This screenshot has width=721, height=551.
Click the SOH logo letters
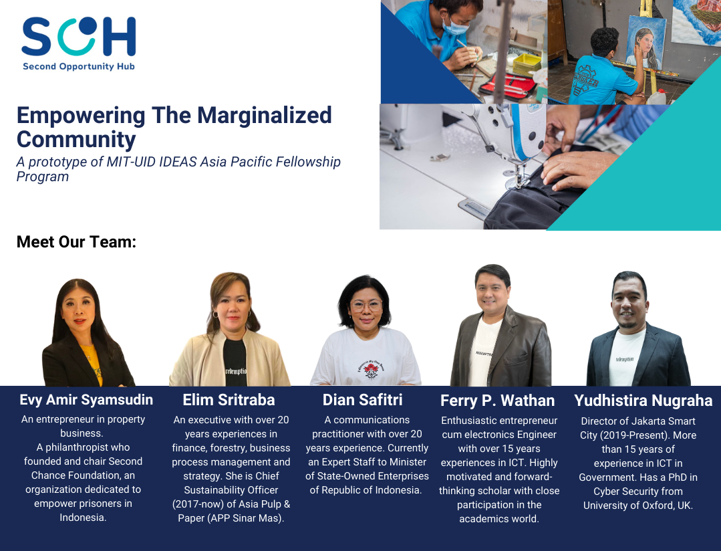pos(79,36)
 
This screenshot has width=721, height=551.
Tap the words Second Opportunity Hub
pos(79,66)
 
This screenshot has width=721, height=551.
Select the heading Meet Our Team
pos(76,241)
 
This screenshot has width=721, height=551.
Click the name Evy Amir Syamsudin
pos(86,400)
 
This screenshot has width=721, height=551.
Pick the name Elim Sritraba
pos(229,400)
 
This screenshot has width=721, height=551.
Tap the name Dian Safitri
pos(362,400)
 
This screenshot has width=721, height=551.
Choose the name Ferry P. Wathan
pos(498,401)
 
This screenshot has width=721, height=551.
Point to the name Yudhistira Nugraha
pos(643,401)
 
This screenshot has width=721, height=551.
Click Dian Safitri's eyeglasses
pos(366,305)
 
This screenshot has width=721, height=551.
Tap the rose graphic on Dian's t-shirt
pos(371,369)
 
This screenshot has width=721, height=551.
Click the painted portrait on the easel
pos(646,43)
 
